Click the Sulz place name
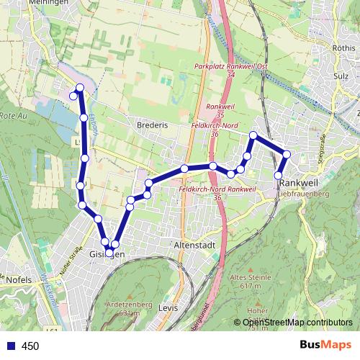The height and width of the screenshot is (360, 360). coord(341,74)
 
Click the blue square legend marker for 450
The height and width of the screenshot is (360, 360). coord(10,346)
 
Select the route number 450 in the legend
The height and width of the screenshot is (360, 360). coord(30,346)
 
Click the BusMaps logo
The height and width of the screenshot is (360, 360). coord(325,345)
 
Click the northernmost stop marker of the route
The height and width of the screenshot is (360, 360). coord(79,88)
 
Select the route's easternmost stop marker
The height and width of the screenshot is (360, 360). coord(287,154)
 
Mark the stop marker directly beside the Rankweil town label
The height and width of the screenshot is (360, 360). coord(279,175)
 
